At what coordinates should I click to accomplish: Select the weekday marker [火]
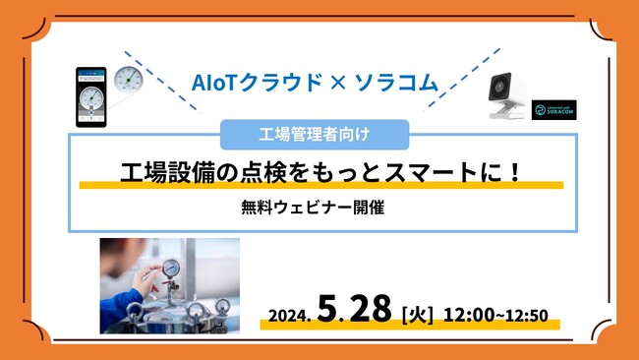pyautogui.click(x=419, y=315)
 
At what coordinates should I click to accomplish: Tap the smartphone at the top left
pyautogui.click(x=91, y=96)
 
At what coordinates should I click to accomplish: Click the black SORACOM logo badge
pyautogui.click(x=552, y=109)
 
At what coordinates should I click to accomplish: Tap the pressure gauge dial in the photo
pyautogui.click(x=172, y=269)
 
